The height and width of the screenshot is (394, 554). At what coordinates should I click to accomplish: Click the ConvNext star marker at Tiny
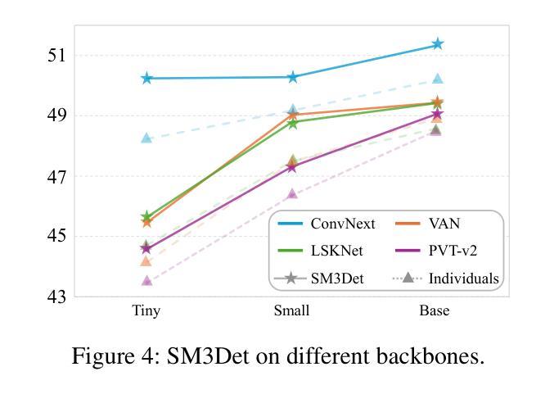click(146, 79)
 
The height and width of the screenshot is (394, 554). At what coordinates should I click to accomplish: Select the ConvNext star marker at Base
click(438, 44)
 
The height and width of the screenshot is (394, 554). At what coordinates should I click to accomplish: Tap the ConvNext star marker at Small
click(292, 77)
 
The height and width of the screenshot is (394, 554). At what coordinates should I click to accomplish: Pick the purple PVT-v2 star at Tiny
click(146, 248)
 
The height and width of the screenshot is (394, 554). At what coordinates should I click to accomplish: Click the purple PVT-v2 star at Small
click(292, 167)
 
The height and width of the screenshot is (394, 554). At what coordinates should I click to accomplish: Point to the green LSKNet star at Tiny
click(146, 217)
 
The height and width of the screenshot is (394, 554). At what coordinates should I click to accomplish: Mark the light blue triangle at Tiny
click(146, 138)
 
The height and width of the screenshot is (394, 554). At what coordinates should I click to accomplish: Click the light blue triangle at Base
click(438, 79)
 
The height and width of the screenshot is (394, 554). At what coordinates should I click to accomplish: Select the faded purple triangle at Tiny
click(146, 280)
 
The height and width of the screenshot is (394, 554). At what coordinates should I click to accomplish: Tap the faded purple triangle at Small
click(292, 193)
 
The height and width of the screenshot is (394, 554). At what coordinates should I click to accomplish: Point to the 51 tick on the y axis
click(57, 56)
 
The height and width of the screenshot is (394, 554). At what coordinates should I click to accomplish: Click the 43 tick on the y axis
click(57, 297)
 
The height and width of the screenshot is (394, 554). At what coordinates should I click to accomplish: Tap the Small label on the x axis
click(292, 311)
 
